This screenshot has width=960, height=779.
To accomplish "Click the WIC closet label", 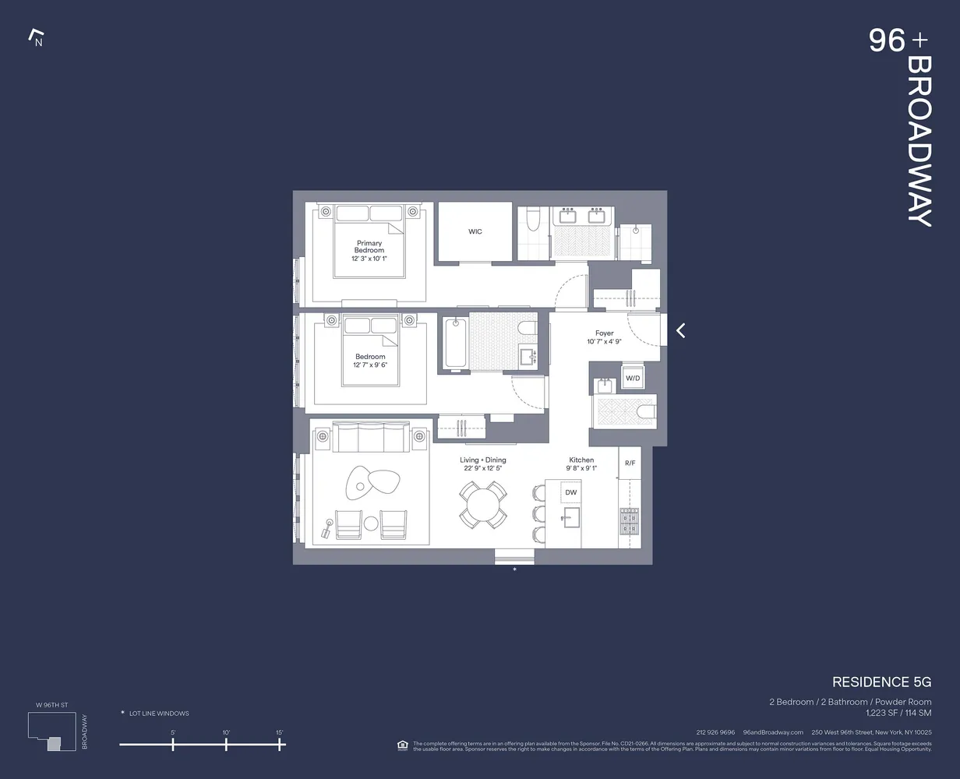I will pos(475,231).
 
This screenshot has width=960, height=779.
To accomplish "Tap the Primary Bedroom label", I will pos(369,247).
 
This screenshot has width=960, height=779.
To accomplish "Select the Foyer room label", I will pos(604,333).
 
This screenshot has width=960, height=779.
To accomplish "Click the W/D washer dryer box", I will pos(632,379).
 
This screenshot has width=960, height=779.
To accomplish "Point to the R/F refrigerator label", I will pos(630,464).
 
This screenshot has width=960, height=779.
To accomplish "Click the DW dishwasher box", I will pos(571,492).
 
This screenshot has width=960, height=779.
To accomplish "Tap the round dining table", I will pos(482,504).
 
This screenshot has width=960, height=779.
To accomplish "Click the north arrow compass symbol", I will pos(35,37).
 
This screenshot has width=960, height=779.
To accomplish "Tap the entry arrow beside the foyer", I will pos(680,330).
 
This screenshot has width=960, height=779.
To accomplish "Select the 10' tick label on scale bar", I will pos(226,732).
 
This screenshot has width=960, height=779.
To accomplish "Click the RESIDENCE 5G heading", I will pos(881,682).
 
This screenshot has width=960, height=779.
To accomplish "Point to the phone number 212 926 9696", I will pos(715,732).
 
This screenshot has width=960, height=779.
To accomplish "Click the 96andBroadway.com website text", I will pos(773,732).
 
